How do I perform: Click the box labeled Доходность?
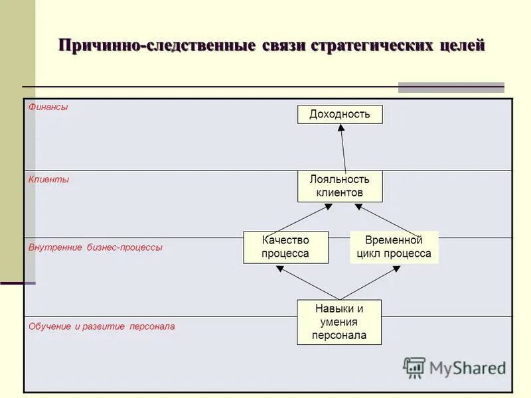click(x=339, y=114)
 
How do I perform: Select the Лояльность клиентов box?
click(x=339, y=186)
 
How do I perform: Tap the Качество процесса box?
click(x=285, y=247)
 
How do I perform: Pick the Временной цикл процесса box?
click(x=394, y=247)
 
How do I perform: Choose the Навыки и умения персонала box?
click(x=339, y=322)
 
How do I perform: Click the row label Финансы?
click(x=48, y=107)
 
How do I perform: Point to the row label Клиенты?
click(x=48, y=179)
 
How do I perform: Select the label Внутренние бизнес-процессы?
click(x=95, y=247)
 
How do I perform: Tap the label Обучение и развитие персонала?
click(x=102, y=326)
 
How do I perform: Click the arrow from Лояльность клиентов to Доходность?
click(x=343, y=149)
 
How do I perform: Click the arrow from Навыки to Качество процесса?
click(x=308, y=283)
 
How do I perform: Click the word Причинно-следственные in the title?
click(x=157, y=46)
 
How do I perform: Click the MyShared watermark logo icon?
click(x=414, y=367)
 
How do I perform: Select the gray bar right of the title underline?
click(x=451, y=87)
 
